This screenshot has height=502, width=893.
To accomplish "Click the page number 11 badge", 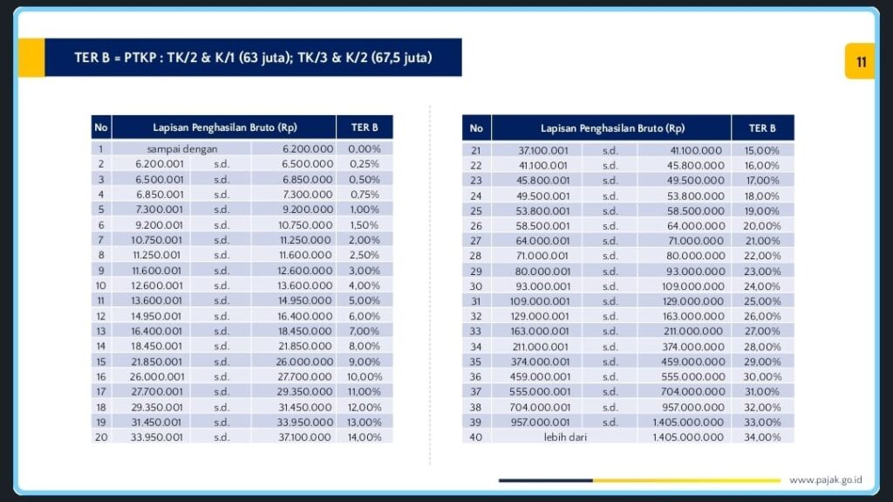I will pos(860,61).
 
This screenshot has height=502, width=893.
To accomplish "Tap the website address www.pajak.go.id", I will pos(825,479).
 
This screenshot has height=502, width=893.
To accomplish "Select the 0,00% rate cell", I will pos(365,149).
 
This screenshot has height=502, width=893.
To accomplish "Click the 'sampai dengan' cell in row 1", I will pos(181,149).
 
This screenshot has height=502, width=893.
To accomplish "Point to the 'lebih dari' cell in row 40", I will pos(564,437).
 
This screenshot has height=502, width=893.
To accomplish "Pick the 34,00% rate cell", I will pos(762,437).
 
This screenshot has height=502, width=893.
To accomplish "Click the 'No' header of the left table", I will pos(101,127).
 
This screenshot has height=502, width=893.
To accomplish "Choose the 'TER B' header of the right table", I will pos(762,128).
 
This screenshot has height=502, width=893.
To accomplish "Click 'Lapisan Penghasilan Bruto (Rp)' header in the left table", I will pos(224,127).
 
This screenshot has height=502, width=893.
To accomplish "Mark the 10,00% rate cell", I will pos(365,376).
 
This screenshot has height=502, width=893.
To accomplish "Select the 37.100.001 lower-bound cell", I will pos(543,150).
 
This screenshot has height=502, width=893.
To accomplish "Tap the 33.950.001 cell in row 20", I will pos(158,437).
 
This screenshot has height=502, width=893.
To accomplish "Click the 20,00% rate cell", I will pos(762,226).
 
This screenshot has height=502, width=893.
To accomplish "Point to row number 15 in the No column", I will pos(101,361).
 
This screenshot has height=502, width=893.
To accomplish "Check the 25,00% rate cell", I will pos(762,301).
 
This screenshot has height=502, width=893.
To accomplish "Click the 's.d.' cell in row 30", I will pos(610,286).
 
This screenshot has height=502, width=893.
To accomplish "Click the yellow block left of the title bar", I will pos(31,58).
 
